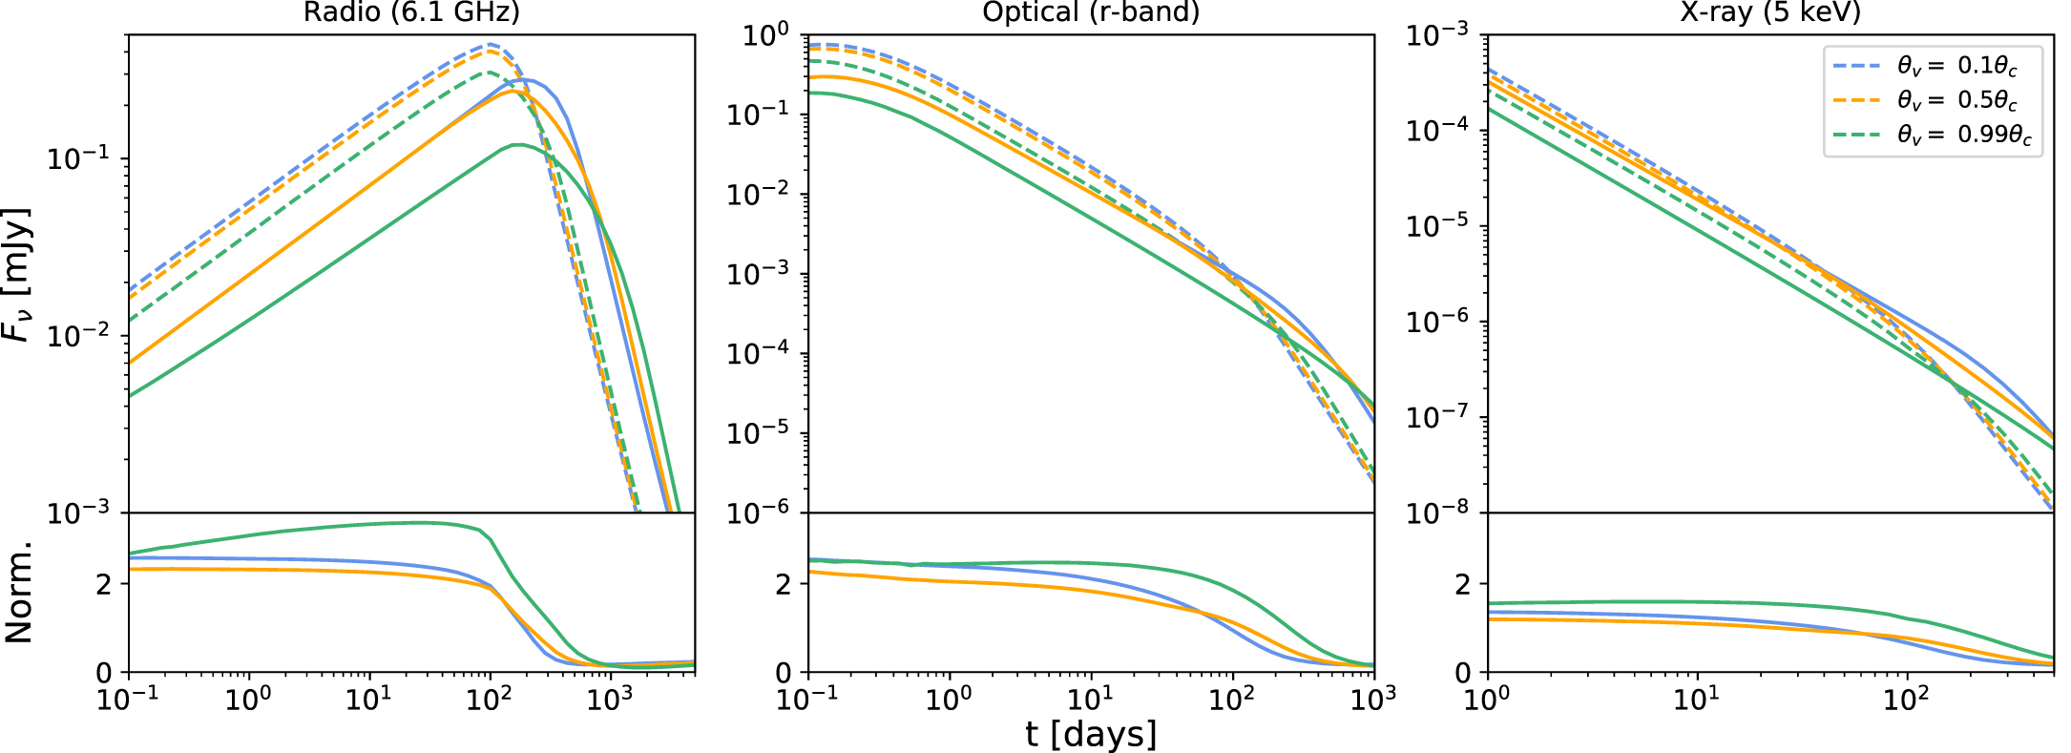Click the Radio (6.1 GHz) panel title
point(411,11)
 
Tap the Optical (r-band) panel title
point(1091,11)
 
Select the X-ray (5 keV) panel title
point(1770,11)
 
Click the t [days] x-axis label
point(1091,734)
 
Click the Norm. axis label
point(19,593)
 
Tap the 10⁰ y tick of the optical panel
point(765,36)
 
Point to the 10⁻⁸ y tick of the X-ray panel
point(1442,513)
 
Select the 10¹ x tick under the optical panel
point(1090,700)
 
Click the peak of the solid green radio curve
point(517,145)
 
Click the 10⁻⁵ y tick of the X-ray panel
point(1442,227)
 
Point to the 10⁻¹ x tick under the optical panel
point(807,700)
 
